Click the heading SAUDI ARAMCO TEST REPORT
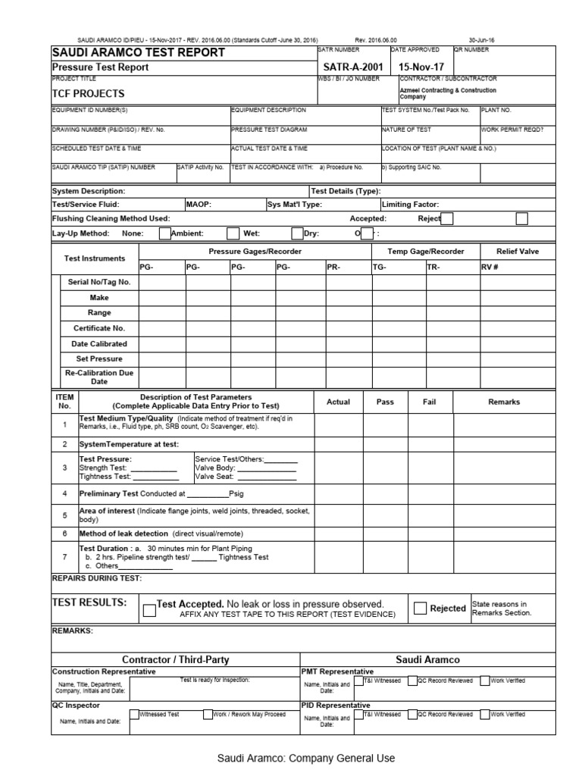click(137, 52)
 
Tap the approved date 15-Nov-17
click(419, 67)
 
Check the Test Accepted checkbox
click(149, 612)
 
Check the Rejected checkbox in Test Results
click(421, 608)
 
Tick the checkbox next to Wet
click(233, 234)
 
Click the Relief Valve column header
click(517, 252)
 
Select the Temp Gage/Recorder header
click(425, 252)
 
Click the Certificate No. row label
click(99, 328)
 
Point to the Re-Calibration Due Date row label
click(99, 377)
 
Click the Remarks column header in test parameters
click(503, 402)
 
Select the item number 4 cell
click(64, 493)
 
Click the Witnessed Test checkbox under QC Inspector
click(134, 714)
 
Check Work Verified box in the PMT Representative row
click(484, 681)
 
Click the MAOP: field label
click(199, 205)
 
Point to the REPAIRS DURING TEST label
click(97, 577)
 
